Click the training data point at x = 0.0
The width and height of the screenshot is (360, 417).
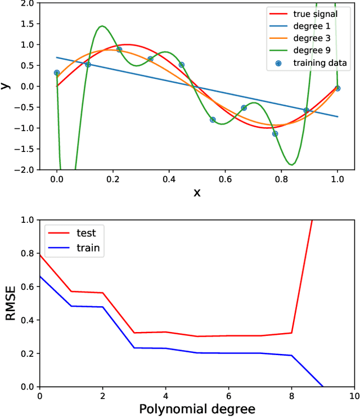point(56,73)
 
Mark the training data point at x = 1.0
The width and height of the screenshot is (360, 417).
point(337,88)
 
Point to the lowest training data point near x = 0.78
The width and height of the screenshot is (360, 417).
point(275,134)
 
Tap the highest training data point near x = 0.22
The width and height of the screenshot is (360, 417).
point(119,50)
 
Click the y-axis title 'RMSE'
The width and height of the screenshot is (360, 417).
point(11,303)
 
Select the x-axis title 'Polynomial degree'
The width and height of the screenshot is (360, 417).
point(197,409)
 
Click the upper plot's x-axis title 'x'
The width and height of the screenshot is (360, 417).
point(197,192)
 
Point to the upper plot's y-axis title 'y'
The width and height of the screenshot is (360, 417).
point(6,86)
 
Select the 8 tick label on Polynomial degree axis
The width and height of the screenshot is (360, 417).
point(291,397)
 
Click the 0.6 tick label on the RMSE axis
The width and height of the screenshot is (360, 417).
point(26,287)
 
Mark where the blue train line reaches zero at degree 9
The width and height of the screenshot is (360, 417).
point(323,387)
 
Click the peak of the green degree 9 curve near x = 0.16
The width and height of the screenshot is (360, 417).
point(102,26)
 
